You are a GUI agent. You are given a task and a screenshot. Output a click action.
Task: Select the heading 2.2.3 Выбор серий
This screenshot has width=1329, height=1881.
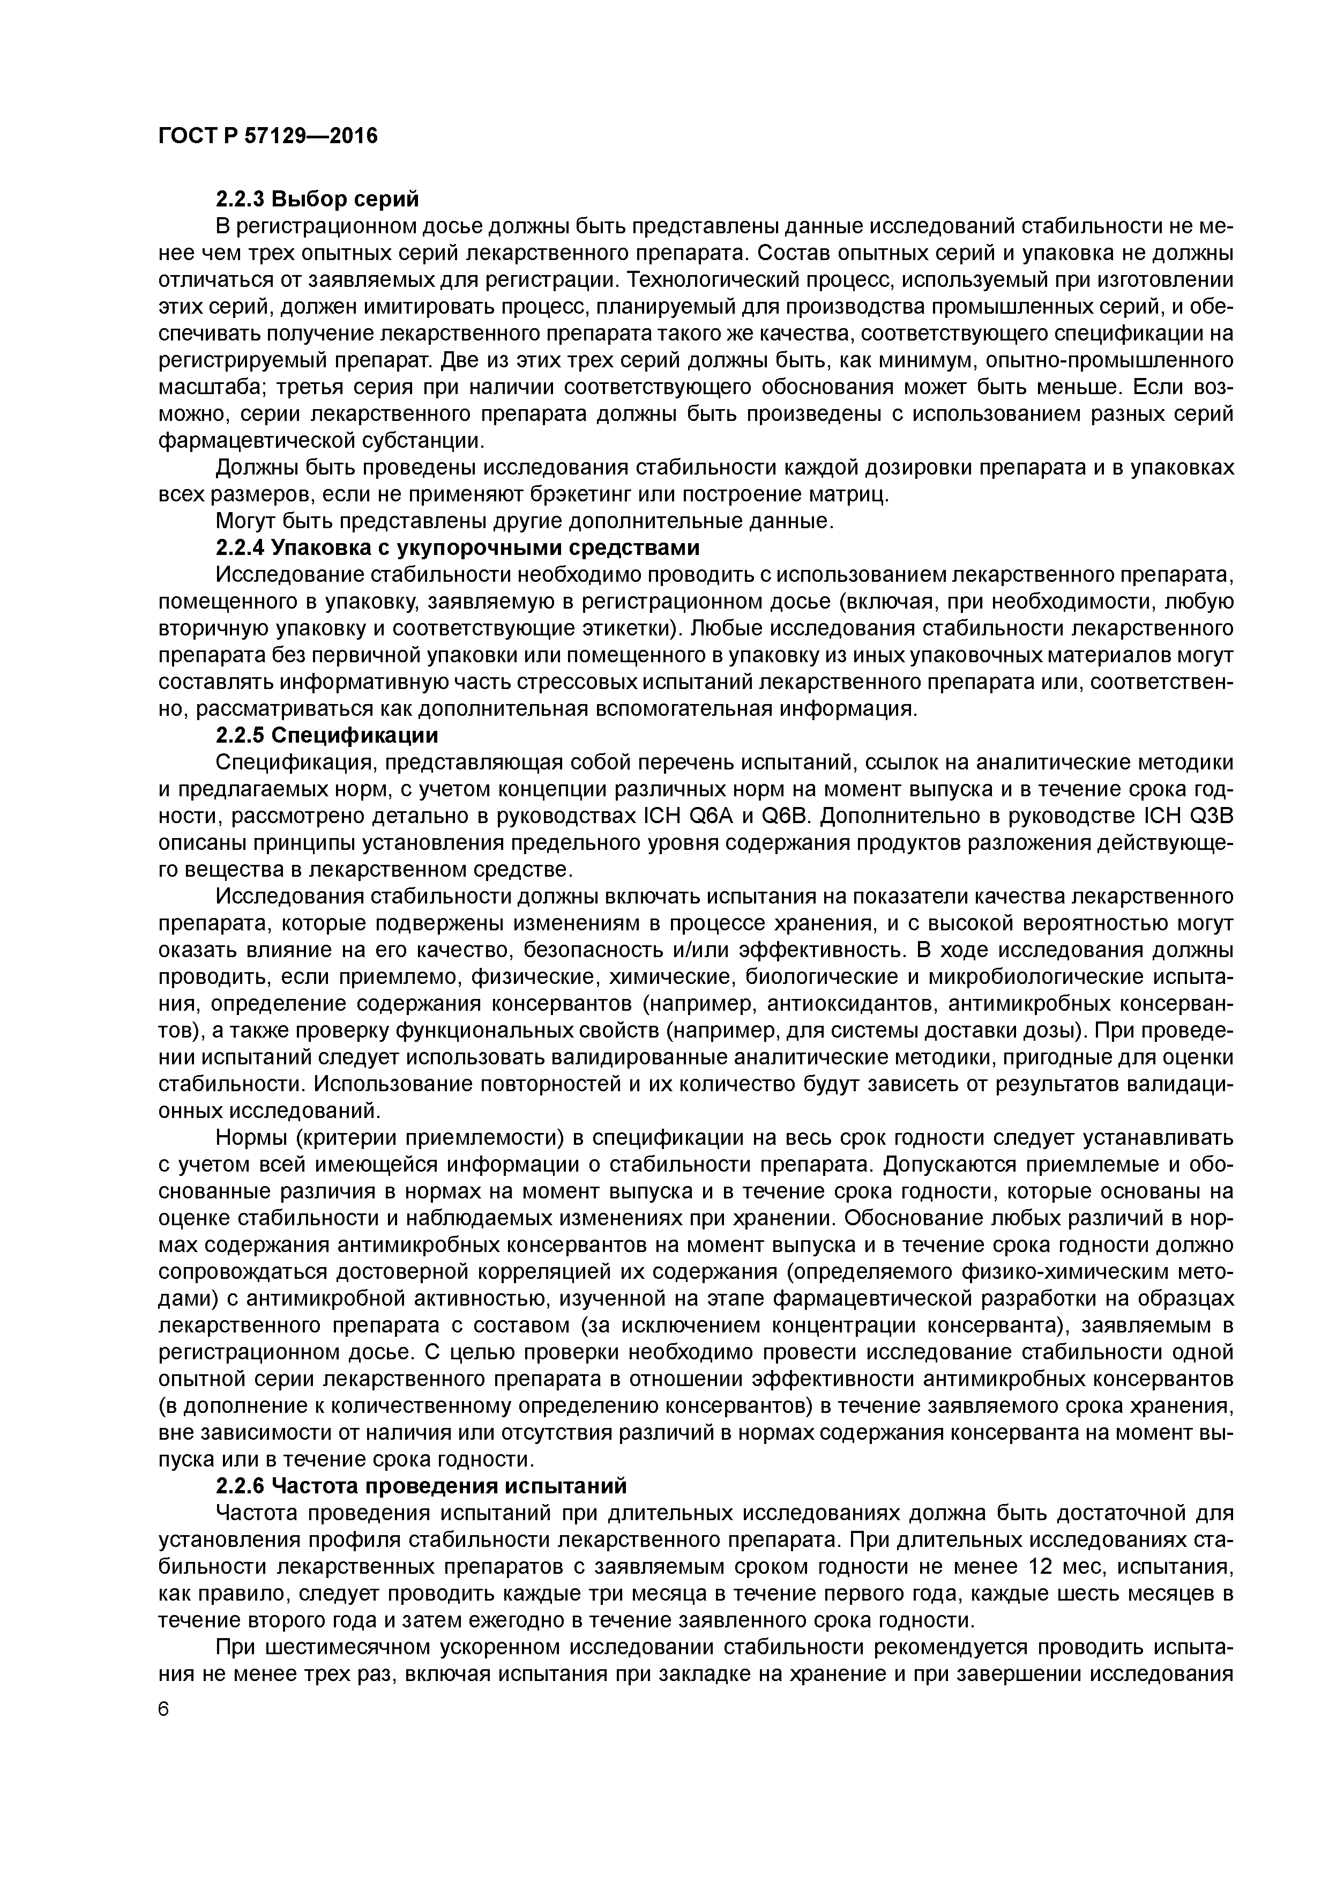316,199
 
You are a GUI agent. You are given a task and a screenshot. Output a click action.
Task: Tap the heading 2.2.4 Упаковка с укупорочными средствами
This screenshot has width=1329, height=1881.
457,547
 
